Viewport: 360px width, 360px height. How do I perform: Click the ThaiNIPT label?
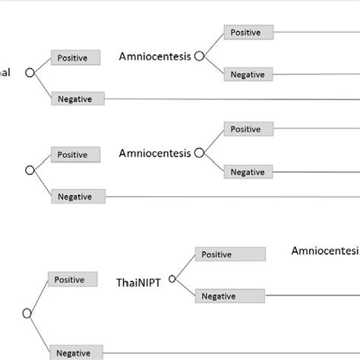tap(139, 283)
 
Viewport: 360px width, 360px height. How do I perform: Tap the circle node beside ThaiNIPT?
tap(172, 278)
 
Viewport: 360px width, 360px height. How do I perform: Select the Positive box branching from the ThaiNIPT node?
tap(230, 254)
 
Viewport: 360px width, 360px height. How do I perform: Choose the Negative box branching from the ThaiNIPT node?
tap(230, 296)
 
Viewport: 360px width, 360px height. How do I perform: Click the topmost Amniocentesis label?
tap(155, 56)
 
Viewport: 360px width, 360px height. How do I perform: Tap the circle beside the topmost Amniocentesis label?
tap(199, 55)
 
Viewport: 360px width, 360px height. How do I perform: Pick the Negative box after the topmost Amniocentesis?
tap(248, 74)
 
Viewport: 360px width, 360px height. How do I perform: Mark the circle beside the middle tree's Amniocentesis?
tap(199, 153)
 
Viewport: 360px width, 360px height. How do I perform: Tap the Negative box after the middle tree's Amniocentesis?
tap(248, 172)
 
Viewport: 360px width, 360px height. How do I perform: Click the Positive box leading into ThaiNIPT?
tap(71, 279)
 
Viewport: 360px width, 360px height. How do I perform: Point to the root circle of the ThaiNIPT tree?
tap(27, 313)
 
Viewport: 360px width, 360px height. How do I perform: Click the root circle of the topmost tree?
tap(30, 73)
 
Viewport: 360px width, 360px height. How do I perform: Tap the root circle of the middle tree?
tap(30, 171)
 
